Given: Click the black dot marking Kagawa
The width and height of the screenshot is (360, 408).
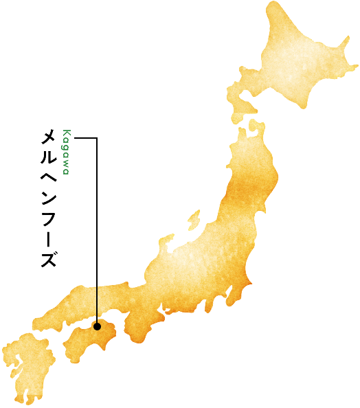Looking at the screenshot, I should [x=97, y=326].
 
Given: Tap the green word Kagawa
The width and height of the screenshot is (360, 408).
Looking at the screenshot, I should [x=66, y=152].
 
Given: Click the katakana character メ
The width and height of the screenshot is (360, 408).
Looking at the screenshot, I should [x=48, y=137].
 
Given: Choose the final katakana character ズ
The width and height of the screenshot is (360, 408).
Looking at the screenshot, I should [x=48, y=260].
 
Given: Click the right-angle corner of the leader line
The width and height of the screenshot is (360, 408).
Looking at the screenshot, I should [x=97, y=139].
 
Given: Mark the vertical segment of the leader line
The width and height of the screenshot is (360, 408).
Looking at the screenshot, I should [x=97, y=234].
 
